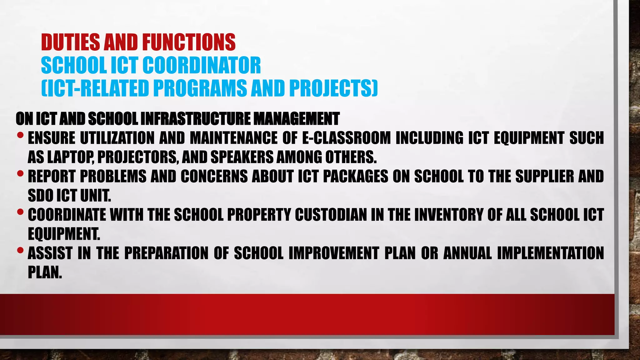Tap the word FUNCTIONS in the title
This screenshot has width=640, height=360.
point(188,42)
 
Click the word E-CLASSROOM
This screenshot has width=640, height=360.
point(346,138)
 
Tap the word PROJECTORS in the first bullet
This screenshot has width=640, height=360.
point(138,157)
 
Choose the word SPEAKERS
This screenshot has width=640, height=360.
point(242,157)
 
